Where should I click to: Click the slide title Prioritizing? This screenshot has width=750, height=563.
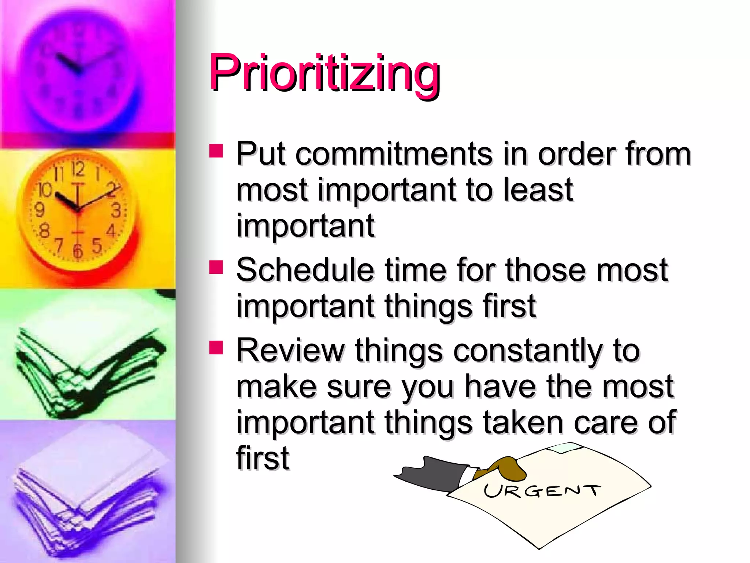coord(324,73)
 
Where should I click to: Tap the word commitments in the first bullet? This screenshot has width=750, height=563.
coord(394,154)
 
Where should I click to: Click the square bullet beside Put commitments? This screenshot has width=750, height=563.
coord(216,150)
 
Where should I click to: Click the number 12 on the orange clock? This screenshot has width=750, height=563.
coord(78,169)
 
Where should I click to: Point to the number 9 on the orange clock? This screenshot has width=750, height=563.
coord(39,210)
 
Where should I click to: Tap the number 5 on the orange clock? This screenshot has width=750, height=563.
coord(97,246)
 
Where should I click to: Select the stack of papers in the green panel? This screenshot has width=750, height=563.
coord(84,370)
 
